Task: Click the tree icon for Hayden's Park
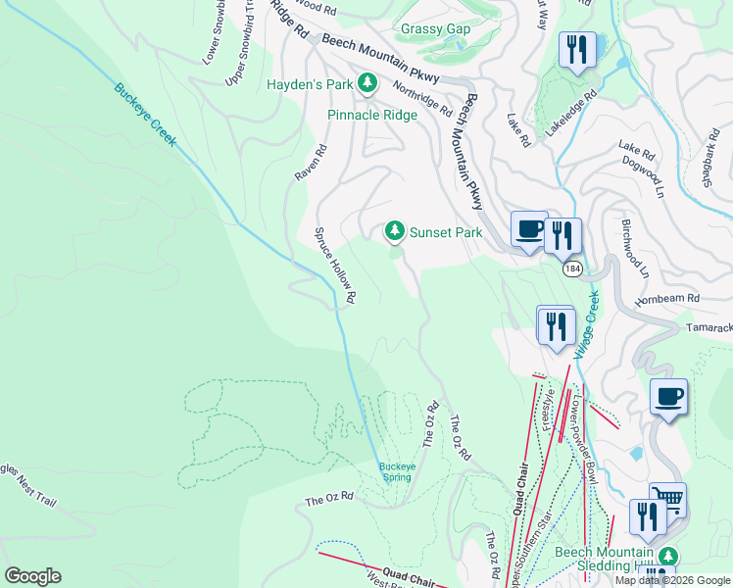pyautogui.click(x=368, y=84)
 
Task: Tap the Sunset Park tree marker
pyautogui.click(x=394, y=231)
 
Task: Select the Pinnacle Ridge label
pyautogui.click(x=372, y=115)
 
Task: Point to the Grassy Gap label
pyautogui.click(x=435, y=28)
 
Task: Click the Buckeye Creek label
pyautogui.click(x=145, y=114)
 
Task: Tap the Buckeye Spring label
pyautogui.click(x=397, y=471)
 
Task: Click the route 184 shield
pyautogui.click(x=572, y=268)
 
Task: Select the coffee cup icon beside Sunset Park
pyautogui.click(x=529, y=230)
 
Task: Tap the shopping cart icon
pyautogui.click(x=667, y=501)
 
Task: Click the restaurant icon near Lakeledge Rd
pyautogui.click(x=576, y=50)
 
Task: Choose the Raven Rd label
pyautogui.click(x=311, y=163)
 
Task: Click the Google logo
pyautogui.click(x=32, y=575)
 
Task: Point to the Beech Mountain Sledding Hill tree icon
pyautogui.click(x=669, y=554)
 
